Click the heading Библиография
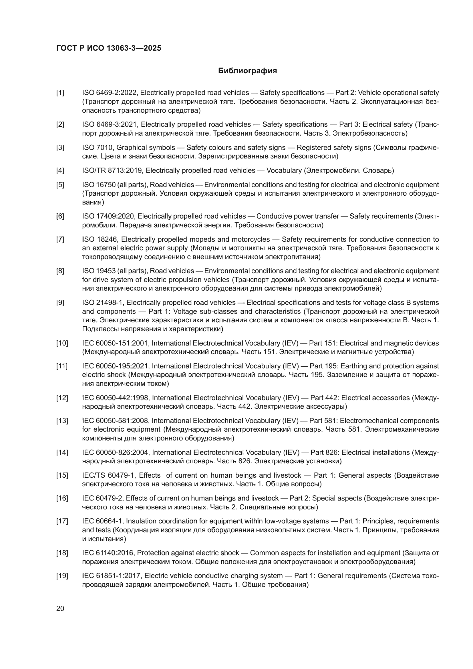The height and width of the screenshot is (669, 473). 247,71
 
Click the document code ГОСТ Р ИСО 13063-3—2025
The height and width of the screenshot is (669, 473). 109,48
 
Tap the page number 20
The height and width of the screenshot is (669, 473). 60,608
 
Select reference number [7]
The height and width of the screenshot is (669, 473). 60,239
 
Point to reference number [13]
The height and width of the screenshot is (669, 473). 62,421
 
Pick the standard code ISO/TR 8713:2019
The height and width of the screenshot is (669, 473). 112,170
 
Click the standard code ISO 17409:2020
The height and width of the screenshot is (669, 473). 109,216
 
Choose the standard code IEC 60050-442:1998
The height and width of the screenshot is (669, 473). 115,398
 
